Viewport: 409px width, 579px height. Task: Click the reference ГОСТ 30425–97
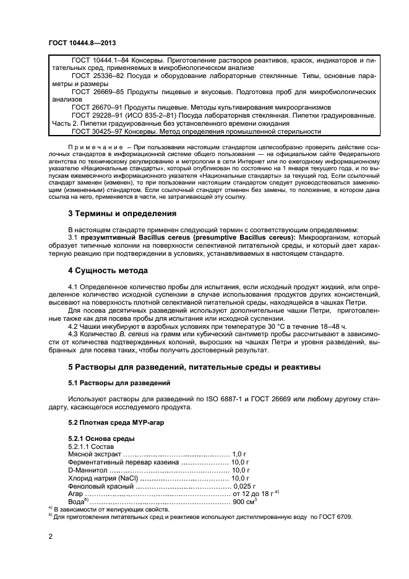pyautogui.click(x=100, y=131)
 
